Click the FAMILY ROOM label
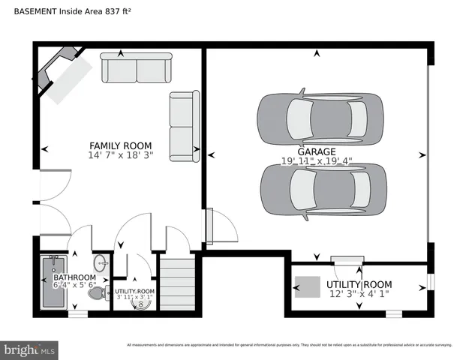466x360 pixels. [120, 145]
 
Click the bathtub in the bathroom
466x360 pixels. [52, 283]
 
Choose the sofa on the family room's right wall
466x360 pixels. [184, 125]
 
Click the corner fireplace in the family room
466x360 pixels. [64, 73]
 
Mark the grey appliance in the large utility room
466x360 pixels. [307, 286]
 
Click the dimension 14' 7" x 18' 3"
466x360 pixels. [120, 156]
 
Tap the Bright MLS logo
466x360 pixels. [30, 349]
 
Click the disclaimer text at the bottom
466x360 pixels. [289, 345]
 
